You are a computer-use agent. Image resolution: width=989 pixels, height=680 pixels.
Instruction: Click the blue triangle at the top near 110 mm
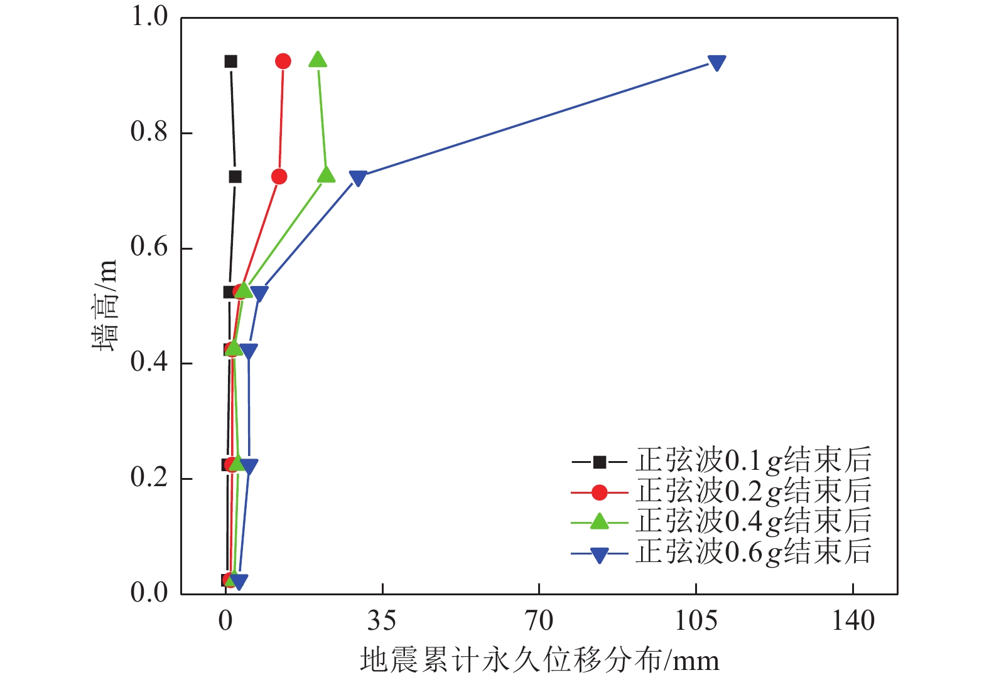pyautogui.click(x=716, y=63)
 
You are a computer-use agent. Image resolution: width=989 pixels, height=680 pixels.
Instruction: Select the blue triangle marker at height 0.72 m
pyautogui.click(x=358, y=178)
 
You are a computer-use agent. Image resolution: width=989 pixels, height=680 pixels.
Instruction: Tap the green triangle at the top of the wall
pyautogui.click(x=318, y=60)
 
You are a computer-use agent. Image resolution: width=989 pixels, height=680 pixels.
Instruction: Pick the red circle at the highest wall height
pyautogui.click(x=283, y=61)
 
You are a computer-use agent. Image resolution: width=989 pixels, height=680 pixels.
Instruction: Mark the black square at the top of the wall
pyautogui.click(x=230, y=61)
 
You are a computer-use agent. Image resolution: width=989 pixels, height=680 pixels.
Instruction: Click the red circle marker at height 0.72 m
pyautogui.click(x=279, y=177)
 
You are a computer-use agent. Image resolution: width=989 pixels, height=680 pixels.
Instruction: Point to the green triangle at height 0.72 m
pyautogui.click(x=326, y=175)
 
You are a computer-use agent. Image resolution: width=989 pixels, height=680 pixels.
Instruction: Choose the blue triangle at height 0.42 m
pyautogui.click(x=249, y=351)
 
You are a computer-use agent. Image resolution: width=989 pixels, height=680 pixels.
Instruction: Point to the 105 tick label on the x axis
pyautogui.click(x=696, y=621)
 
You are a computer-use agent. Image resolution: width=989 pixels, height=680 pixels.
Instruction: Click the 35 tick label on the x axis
pyautogui.click(x=382, y=621)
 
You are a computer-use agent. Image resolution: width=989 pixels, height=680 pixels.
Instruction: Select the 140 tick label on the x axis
pyautogui.click(x=853, y=621)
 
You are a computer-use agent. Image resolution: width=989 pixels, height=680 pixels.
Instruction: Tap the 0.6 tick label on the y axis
pyautogui.click(x=149, y=247)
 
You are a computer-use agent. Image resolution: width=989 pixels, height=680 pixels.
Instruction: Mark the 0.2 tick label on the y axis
pyautogui.click(x=149, y=478)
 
